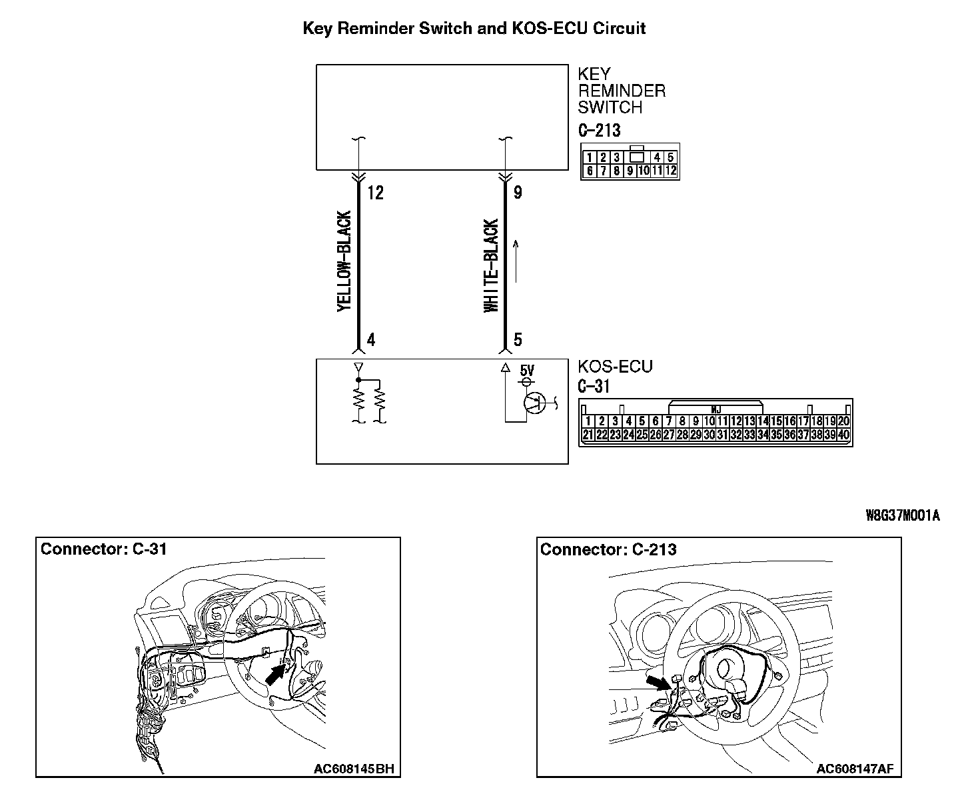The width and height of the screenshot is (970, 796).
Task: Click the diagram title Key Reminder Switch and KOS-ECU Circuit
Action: pos(474,28)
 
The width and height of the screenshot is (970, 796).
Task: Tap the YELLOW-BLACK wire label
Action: pos(344,261)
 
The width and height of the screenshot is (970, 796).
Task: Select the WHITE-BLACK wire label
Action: pos(491,265)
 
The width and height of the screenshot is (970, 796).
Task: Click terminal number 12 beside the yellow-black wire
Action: pos(376,193)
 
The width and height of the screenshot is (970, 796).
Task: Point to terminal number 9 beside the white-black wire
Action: pos(518,193)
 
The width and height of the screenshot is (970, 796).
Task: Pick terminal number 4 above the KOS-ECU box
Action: pos(371,340)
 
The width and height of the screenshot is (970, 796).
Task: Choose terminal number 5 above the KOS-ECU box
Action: pos(518,340)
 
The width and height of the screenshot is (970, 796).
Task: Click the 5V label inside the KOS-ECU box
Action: pos(526,370)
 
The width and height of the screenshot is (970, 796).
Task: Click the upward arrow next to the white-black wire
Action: pos(516,261)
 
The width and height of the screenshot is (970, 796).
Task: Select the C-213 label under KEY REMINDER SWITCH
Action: pos(599,130)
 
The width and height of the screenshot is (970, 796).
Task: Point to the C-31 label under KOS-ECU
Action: pos(594,386)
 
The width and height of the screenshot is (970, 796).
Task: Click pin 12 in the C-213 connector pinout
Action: pos(671,171)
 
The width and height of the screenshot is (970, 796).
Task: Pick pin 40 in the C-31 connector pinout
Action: pos(844,435)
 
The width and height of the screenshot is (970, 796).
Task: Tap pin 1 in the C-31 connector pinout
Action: pos(588,421)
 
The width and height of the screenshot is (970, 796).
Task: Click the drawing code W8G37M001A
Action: pos(902,515)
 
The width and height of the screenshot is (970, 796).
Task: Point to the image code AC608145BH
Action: pos(354,769)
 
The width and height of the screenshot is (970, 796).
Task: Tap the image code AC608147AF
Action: pos(855,769)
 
